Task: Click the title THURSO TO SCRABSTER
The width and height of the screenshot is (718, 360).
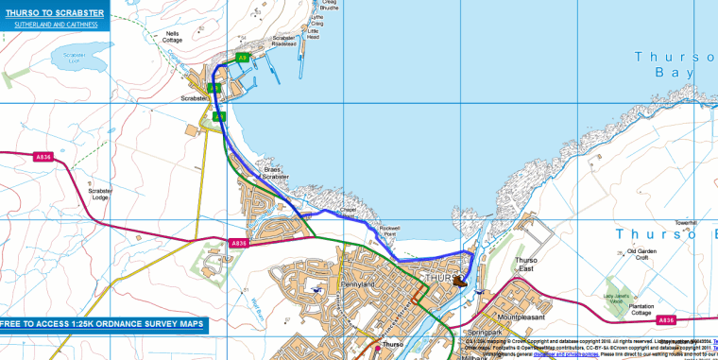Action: pyautogui.click(x=53, y=12)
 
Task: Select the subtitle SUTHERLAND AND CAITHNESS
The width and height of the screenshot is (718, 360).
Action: pyautogui.click(x=53, y=24)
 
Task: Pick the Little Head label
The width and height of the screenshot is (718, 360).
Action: pyautogui.click(x=314, y=34)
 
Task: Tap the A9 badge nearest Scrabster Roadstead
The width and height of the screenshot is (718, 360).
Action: pyautogui.click(x=243, y=58)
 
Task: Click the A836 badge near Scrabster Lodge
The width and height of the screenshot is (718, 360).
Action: pyautogui.click(x=43, y=156)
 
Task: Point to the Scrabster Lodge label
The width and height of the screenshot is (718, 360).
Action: pyautogui.click(x=100, y=194)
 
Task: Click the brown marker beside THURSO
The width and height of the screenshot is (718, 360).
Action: pyautogui.click(x=460, y=281)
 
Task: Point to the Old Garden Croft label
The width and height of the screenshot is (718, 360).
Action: pyautogui.click(x=642, y=254)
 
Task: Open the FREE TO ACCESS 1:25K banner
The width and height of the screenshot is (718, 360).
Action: pyautogui.click(x=102, y=324)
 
